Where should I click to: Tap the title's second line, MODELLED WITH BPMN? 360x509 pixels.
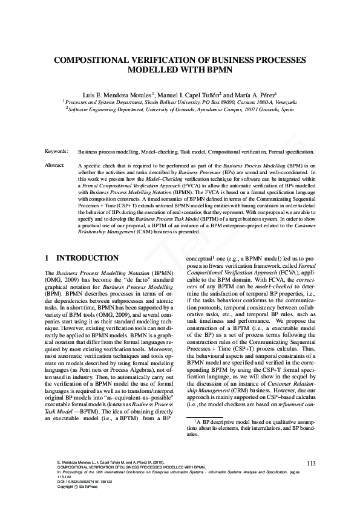(180, 70)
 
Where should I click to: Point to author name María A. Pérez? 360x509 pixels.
(252, 94)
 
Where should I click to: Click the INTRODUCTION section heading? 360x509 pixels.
(87, 258)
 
